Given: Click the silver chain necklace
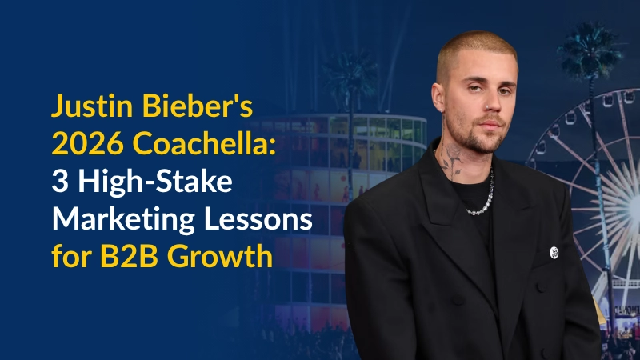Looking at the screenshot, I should coord(480,204).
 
